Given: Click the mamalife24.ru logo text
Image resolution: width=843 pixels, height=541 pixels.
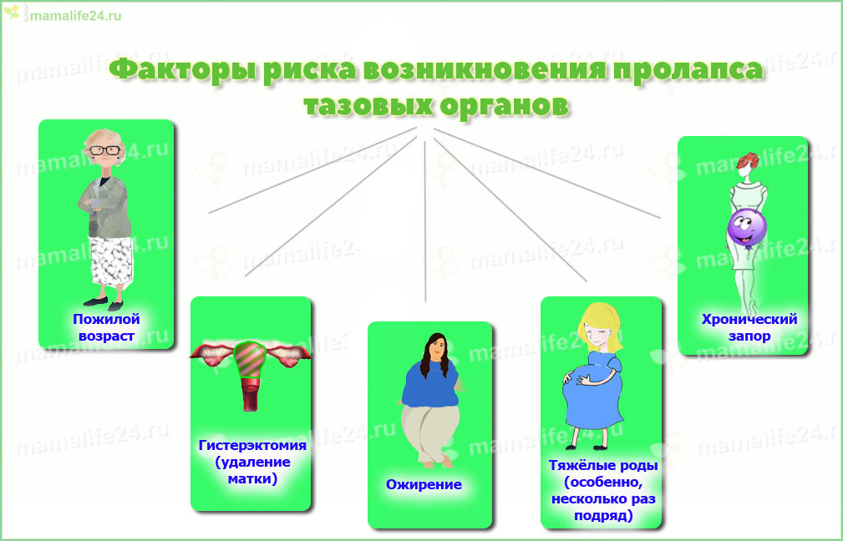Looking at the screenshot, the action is click(x=76, y=16).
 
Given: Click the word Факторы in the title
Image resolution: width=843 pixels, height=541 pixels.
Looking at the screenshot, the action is click(x=183, y=70).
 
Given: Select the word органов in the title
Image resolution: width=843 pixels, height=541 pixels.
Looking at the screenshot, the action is click(x=504, y=104).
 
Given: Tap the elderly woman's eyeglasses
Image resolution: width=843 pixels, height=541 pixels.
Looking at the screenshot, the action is click(x=104, y=150).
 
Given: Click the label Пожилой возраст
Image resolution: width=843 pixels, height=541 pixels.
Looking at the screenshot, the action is click(x=106, y=327).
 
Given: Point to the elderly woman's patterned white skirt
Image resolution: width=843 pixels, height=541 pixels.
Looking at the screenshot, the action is click(x=111, y=260).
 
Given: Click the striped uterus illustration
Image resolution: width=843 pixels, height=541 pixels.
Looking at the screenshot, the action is click(x=250, y=375).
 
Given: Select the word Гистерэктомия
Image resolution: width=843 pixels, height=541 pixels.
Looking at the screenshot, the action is click(x=252, y=445).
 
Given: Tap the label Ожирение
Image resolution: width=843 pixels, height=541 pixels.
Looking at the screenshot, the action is click(x=424, y=484).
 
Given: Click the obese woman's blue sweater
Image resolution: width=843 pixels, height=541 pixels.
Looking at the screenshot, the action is click(x=430, y=385).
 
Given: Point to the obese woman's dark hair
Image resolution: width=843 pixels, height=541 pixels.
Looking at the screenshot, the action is click(x=435, y=354).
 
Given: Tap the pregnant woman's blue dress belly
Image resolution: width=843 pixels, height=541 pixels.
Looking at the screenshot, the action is click(x=592, y=397).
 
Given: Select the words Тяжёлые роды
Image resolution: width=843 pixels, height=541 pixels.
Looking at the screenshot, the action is click(x=602, y=465).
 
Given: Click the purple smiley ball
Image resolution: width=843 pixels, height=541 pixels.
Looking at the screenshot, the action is click(x=747, y=228).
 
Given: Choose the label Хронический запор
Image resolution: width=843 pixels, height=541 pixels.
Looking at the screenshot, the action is click(x=749, y=327).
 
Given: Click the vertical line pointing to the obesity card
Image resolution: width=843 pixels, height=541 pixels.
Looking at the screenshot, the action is click(x=424, y=221).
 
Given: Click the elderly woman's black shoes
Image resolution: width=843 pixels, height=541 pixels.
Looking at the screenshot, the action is click(x=104, y=303).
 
